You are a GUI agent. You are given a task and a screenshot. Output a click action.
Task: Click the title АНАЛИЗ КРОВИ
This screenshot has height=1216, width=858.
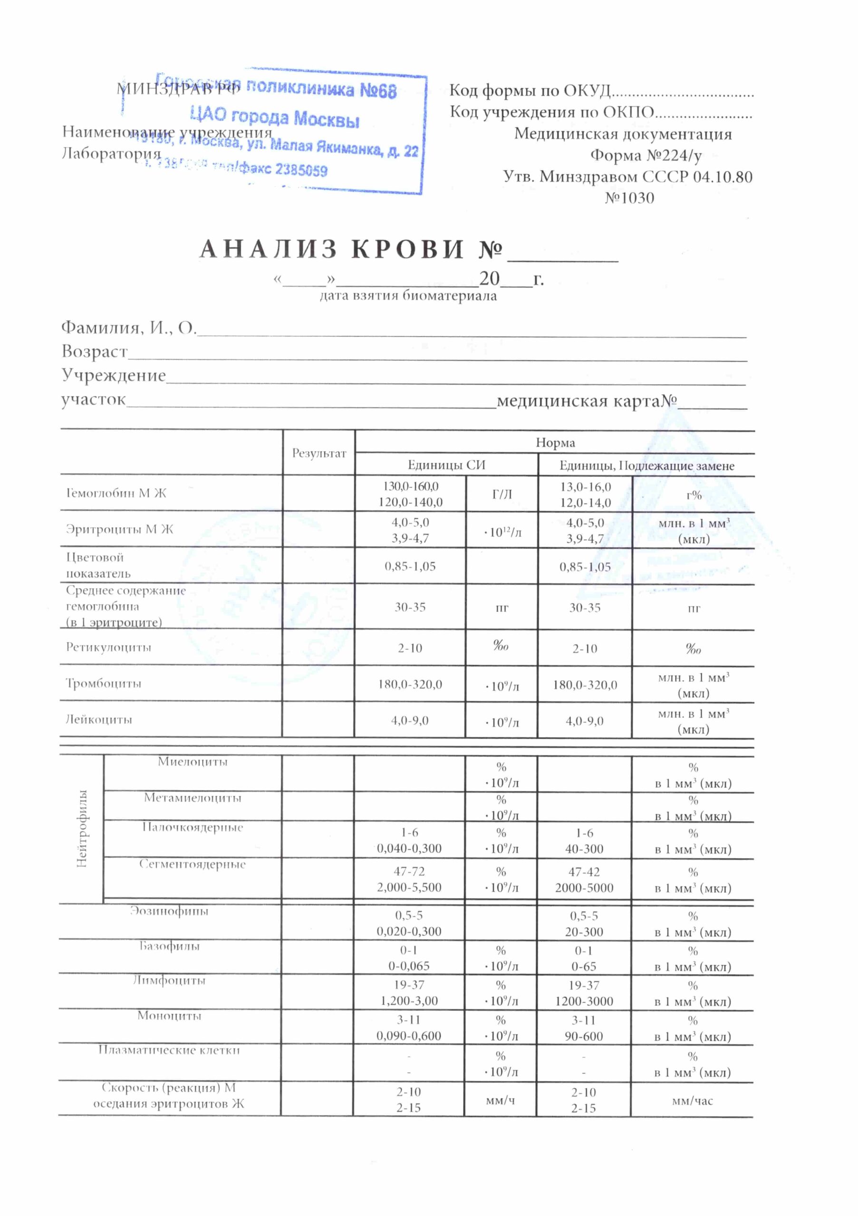pos(332,249)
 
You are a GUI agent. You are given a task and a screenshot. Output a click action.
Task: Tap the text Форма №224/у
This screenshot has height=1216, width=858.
pos(646,155)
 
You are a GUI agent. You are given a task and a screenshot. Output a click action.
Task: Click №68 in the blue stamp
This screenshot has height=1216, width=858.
pos(378,91)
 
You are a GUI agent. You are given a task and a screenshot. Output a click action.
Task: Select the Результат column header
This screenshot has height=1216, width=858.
pos(319,453)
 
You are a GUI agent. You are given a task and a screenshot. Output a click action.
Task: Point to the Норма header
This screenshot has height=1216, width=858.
pos(555,442)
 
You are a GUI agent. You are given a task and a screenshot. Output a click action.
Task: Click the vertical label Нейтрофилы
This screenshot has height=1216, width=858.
pos(82,828)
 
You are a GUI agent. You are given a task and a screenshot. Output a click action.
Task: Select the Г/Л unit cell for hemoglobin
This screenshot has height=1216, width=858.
pos(502,494)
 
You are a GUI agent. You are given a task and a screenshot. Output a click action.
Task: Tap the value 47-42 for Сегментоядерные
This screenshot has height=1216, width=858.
pos(584,872)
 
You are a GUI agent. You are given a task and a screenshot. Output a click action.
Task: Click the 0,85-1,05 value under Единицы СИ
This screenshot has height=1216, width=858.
pos(410,566)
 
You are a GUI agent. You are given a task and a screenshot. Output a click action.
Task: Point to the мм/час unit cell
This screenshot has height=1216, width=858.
pos(692,1101)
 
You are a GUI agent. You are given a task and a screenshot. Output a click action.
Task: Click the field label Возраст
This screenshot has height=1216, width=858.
pos(94,351)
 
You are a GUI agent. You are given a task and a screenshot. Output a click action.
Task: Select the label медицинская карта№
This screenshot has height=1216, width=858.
pos(587,401)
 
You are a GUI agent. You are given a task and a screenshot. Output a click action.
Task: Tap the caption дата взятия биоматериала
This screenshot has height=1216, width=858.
pos(408,295)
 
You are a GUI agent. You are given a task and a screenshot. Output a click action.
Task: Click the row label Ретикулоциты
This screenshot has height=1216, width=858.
pos(109,647)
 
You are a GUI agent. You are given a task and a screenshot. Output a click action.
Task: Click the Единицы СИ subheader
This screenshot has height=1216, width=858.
pos(446,465)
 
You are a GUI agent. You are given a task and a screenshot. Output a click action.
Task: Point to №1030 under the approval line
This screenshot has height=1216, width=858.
pos(629,198)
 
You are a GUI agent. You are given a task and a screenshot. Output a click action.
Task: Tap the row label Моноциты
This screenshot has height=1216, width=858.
pos(169,1016)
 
